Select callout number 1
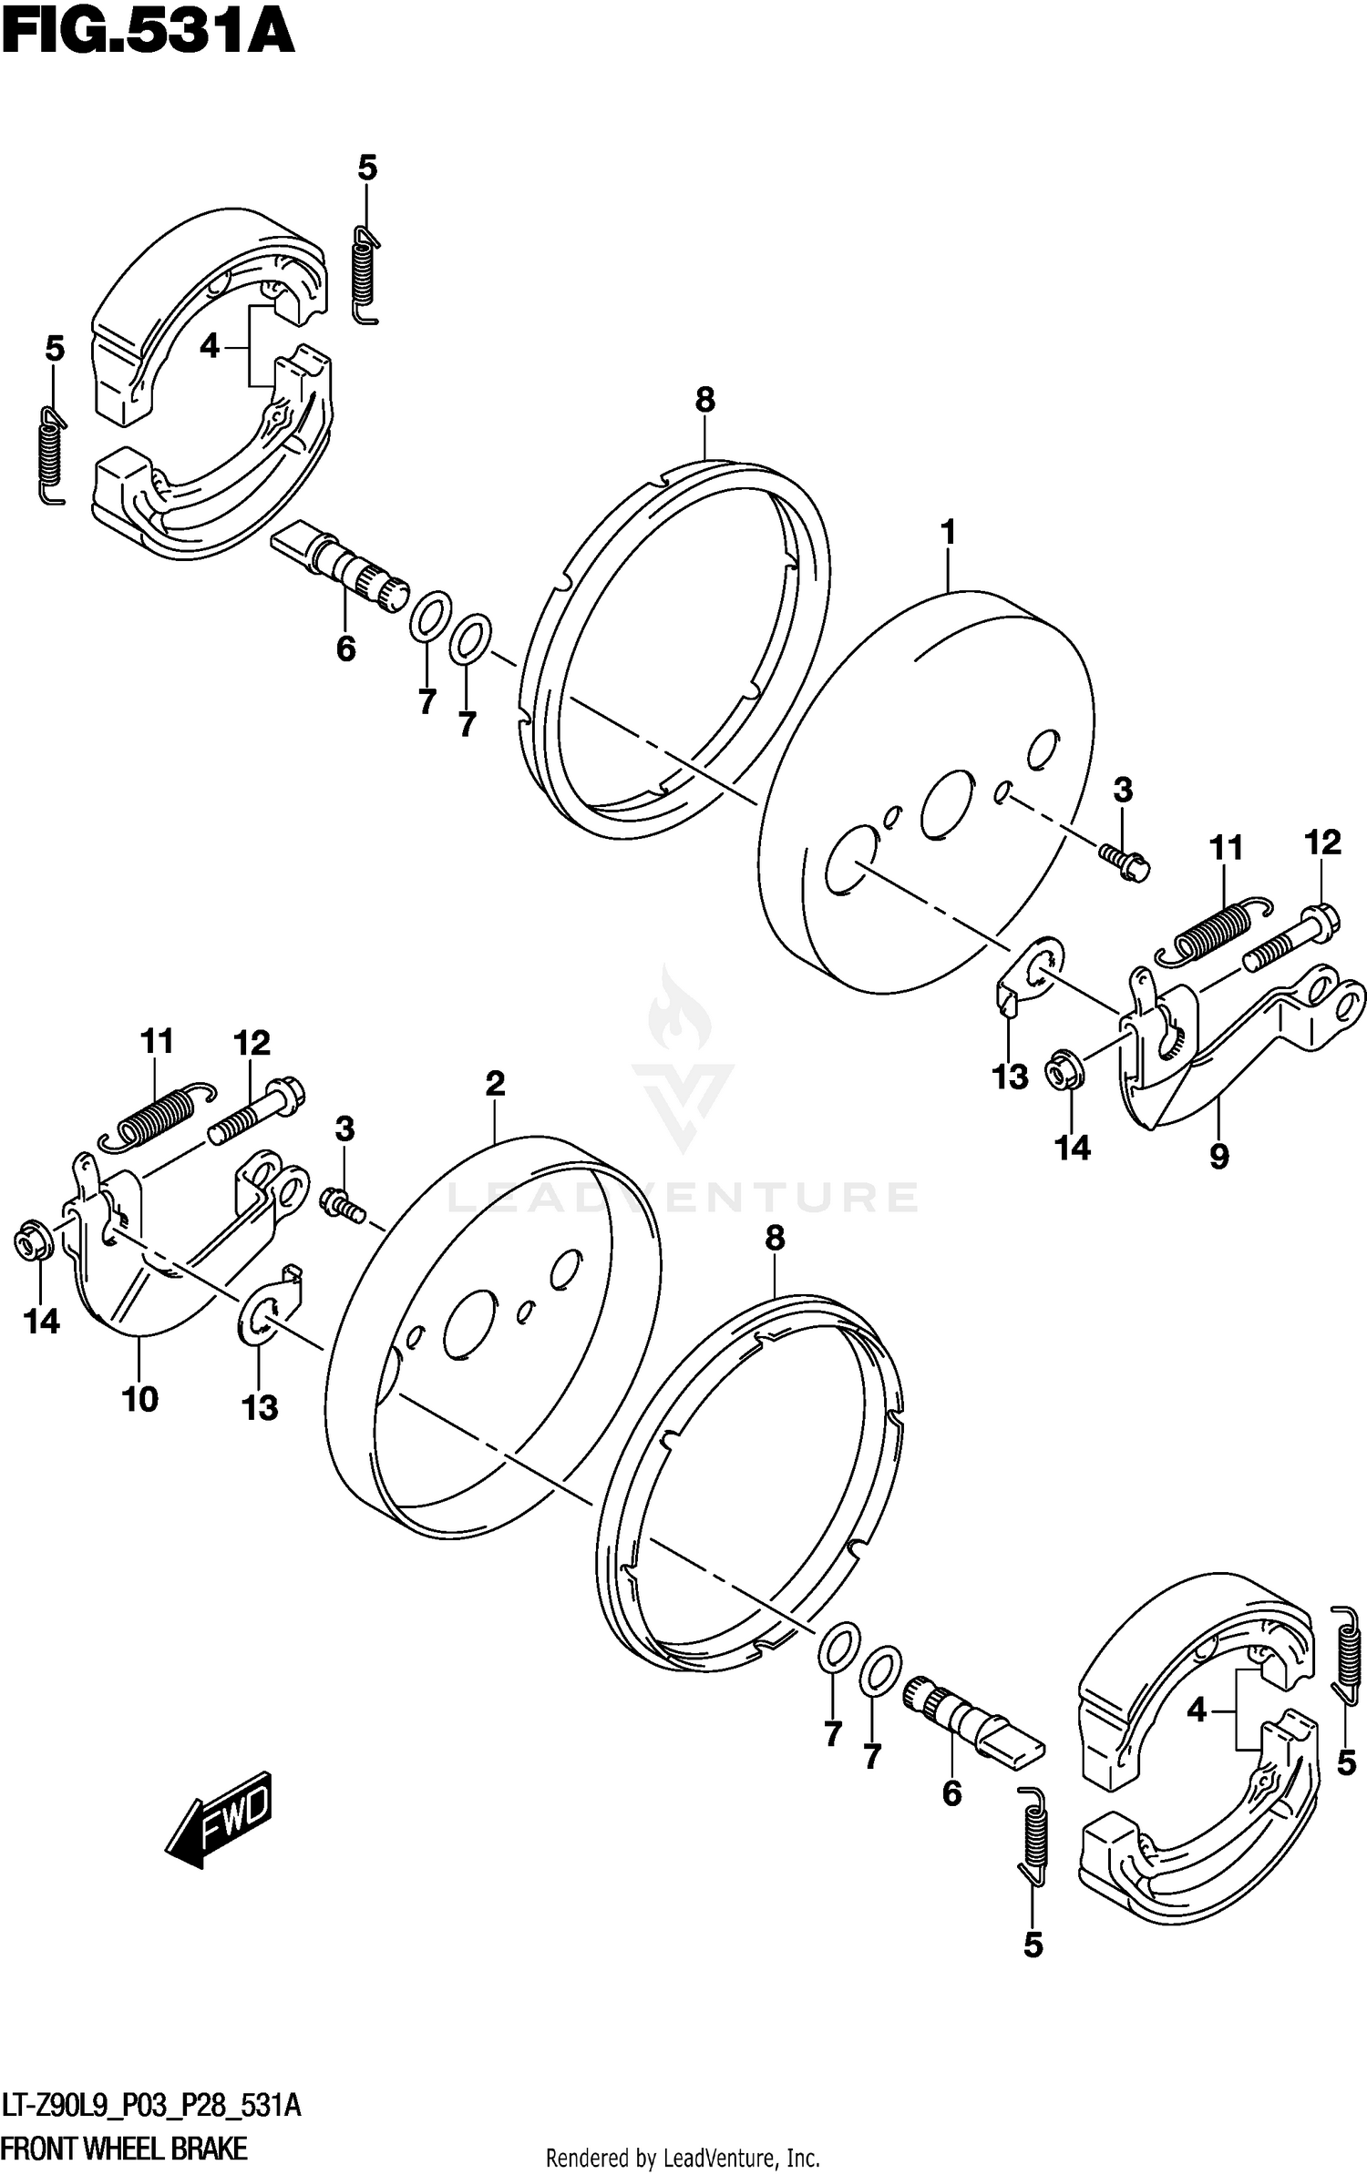(x=948, y=532)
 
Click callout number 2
(x=494, y=1084)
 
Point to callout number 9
(x=1218, y=1157)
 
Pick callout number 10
(x=139, y=1399)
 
